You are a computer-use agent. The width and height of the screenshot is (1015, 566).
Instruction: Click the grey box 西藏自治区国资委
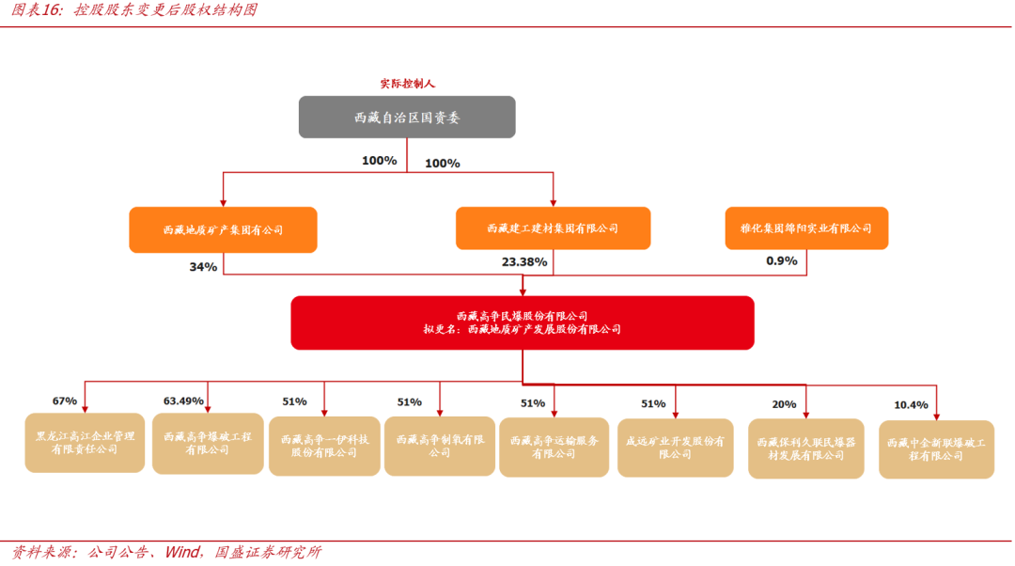(407, 118)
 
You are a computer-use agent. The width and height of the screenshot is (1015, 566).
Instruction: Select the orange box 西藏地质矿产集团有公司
(223, 230)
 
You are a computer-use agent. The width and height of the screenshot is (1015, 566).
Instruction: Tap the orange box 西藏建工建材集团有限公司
(553, 228)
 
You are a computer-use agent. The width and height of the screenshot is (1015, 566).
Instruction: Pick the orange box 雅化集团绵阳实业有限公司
(806, 228)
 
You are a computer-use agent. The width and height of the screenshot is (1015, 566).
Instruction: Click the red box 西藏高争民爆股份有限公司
(523, 322)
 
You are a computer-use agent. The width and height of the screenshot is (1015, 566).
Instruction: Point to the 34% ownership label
(203, 267)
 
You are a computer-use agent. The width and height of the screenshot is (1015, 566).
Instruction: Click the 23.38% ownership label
(524, 262)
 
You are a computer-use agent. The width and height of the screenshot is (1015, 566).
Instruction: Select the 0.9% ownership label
(781, 261)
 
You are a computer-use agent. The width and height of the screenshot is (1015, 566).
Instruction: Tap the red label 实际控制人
(407, 84)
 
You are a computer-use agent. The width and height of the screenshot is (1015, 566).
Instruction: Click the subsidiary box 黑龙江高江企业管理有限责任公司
(85, 443)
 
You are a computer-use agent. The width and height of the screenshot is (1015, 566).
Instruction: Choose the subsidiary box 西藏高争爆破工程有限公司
(208, 444)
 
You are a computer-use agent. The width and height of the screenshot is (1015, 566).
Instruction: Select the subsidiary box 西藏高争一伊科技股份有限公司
(324, 447)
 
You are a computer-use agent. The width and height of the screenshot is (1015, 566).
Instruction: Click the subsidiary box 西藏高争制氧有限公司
(440, 447)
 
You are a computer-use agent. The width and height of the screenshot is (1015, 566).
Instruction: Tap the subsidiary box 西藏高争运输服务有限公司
(554, 448)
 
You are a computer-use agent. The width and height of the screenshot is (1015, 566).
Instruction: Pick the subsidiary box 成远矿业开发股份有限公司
(675, 448)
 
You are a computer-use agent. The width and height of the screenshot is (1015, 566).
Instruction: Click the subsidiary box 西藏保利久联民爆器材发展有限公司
(806, 448)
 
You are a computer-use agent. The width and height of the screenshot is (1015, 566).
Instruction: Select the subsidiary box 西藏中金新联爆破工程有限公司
(936, 449)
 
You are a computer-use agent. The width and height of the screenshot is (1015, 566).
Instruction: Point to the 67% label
(65, 401)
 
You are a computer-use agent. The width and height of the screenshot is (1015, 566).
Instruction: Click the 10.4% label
(911, 404)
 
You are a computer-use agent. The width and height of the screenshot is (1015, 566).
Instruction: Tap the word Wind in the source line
(182, 552)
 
